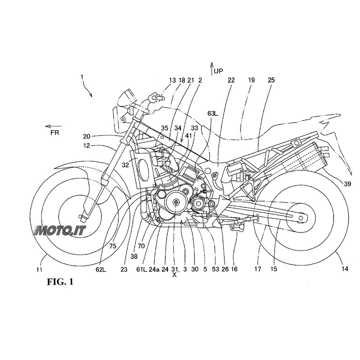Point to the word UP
tap(218, 71)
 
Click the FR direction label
tap(54, 132)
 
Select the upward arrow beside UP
tap(212, 69)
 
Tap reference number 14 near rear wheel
tap(344, 269)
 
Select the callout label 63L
tap(212, 114)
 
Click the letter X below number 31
tap(174, 275)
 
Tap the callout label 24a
tap(154, 269)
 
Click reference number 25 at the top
tap(271, 80)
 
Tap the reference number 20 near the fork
tap(87, 135)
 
